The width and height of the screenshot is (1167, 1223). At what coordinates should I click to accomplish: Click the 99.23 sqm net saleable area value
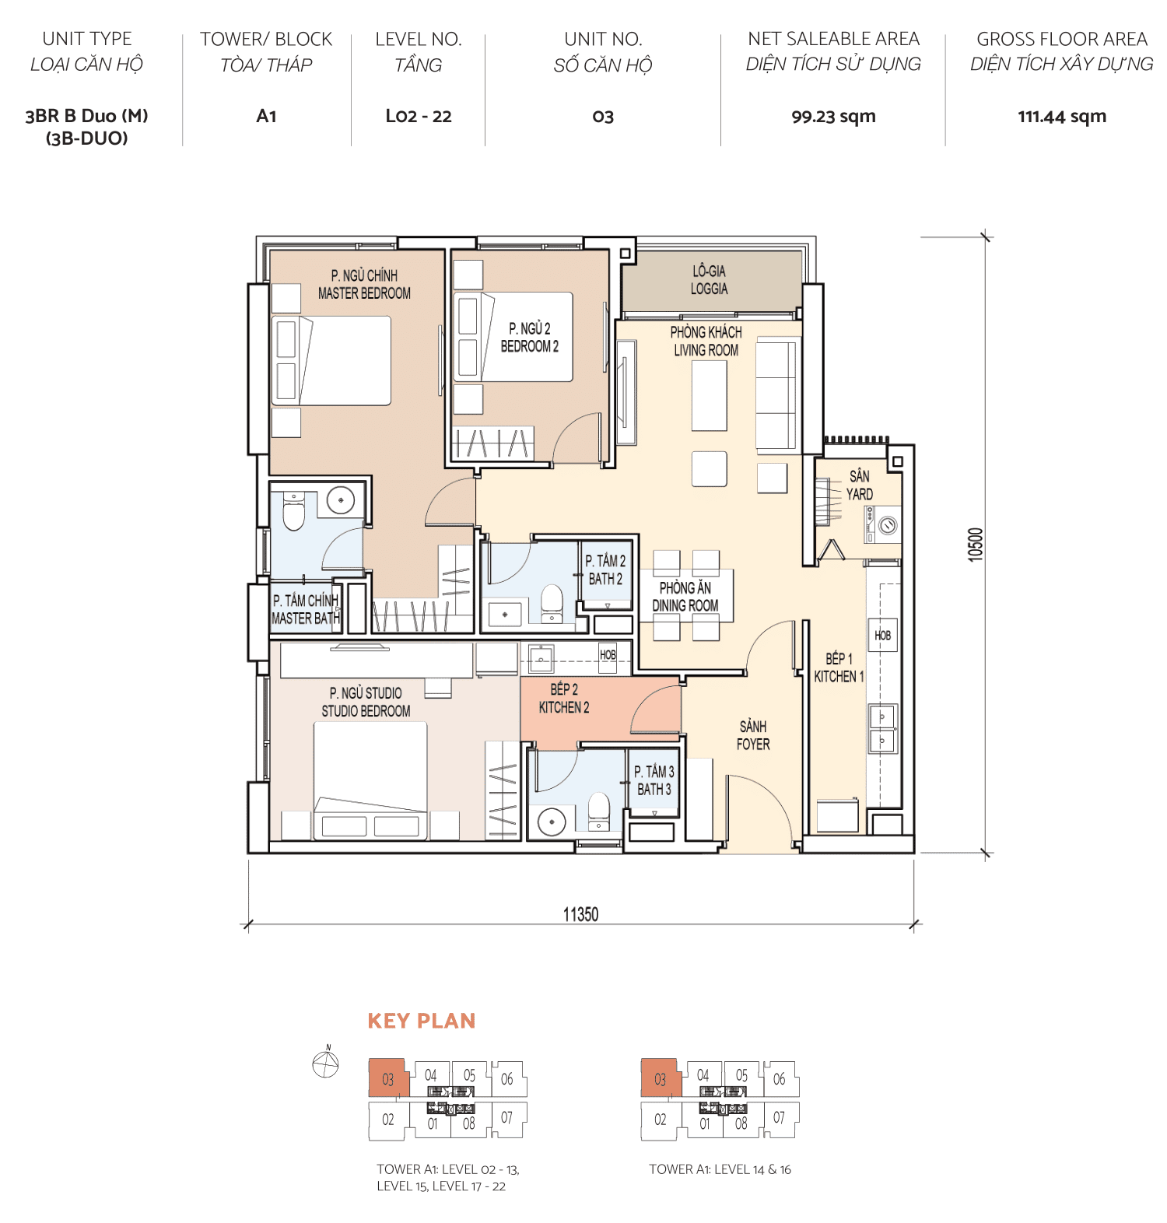coord(833,117)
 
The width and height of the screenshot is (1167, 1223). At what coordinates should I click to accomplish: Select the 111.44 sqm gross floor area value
coord(1061,117)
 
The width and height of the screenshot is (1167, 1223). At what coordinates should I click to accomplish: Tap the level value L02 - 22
coord(419,117)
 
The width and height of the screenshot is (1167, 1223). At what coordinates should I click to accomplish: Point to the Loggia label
coord(709,280)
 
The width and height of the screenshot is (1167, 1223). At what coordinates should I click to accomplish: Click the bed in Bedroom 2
coord(513,337)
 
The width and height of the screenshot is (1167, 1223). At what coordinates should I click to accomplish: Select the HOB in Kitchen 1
coord(882,636)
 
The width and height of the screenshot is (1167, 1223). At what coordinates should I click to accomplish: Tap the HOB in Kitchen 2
coord(608,655)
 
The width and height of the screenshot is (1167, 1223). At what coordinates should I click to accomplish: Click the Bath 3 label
coord(654,780)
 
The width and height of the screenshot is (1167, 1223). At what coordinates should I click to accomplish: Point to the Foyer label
coord(752,735)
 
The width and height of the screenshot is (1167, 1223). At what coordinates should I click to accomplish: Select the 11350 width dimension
coord(580,914)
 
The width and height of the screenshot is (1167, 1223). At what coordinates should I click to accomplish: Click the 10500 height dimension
coord(976,545)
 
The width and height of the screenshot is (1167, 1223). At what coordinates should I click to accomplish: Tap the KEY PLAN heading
coord(421,1021)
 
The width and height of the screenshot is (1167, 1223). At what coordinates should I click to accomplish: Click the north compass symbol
coord(325,1063)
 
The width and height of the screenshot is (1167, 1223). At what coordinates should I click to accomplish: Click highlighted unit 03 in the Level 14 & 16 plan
coord(660,1079)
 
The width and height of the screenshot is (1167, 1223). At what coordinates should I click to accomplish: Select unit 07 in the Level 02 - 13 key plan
coord(507,1118)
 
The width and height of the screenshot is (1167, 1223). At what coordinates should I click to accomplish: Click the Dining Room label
coord(685,597)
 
